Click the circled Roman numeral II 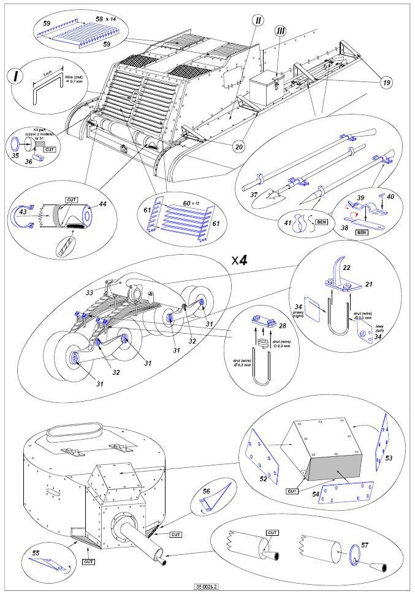click(258, 20)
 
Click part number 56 click(206, 491)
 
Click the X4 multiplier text click(240, 260)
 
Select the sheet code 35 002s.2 click(207, 587)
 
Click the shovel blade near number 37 click(272, 195)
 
